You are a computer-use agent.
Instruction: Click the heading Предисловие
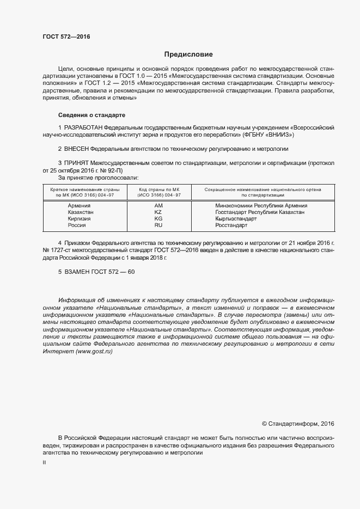[x=188, y=54]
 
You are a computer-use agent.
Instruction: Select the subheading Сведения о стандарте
[x=91, y=115]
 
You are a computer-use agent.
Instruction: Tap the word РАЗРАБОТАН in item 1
[x=83, y=127]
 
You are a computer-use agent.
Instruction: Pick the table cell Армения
[x=79, y=205]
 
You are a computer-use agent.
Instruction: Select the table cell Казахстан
[x=81, y=212]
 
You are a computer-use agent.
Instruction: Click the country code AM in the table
[x=158, y=205]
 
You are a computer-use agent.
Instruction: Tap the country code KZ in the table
[x=158, y=212]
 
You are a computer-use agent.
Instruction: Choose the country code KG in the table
[x=158, y=218]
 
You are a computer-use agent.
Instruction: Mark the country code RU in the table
[x=158, y=225]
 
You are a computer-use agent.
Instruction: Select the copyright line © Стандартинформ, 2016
[x=298, y=423]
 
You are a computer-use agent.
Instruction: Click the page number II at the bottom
[x=44, y=462]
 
